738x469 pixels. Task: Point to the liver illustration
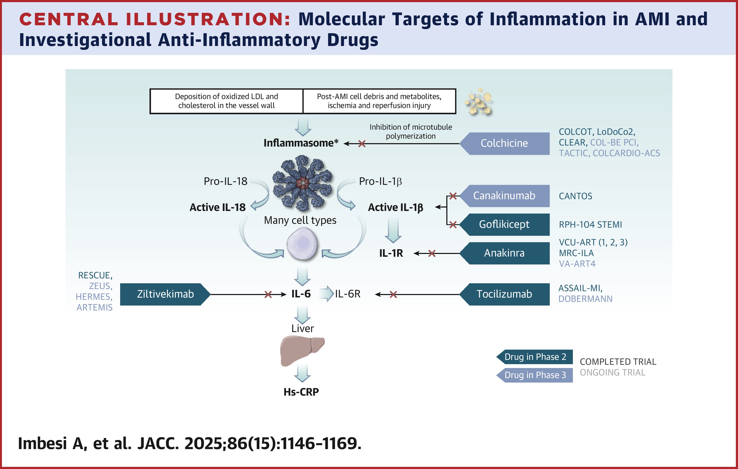click(x=302, y=350)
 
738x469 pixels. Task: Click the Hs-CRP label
click(x=301, y=392)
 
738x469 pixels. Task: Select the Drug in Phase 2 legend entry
click(x=535, y=357)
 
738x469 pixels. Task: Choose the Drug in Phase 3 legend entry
click(x=535, y=375)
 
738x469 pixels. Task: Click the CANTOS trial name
click(x=575, y=196)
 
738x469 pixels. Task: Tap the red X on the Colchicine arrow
click(x=362, y=144)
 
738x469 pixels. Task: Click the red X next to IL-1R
click(x=432, y=254)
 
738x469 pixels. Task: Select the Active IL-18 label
click(x=217, y=208)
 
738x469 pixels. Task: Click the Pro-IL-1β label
click(x=380, y=181)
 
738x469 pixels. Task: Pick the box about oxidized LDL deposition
click(x=227, y=101)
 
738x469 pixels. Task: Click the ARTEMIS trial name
click(x=94, y=308)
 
